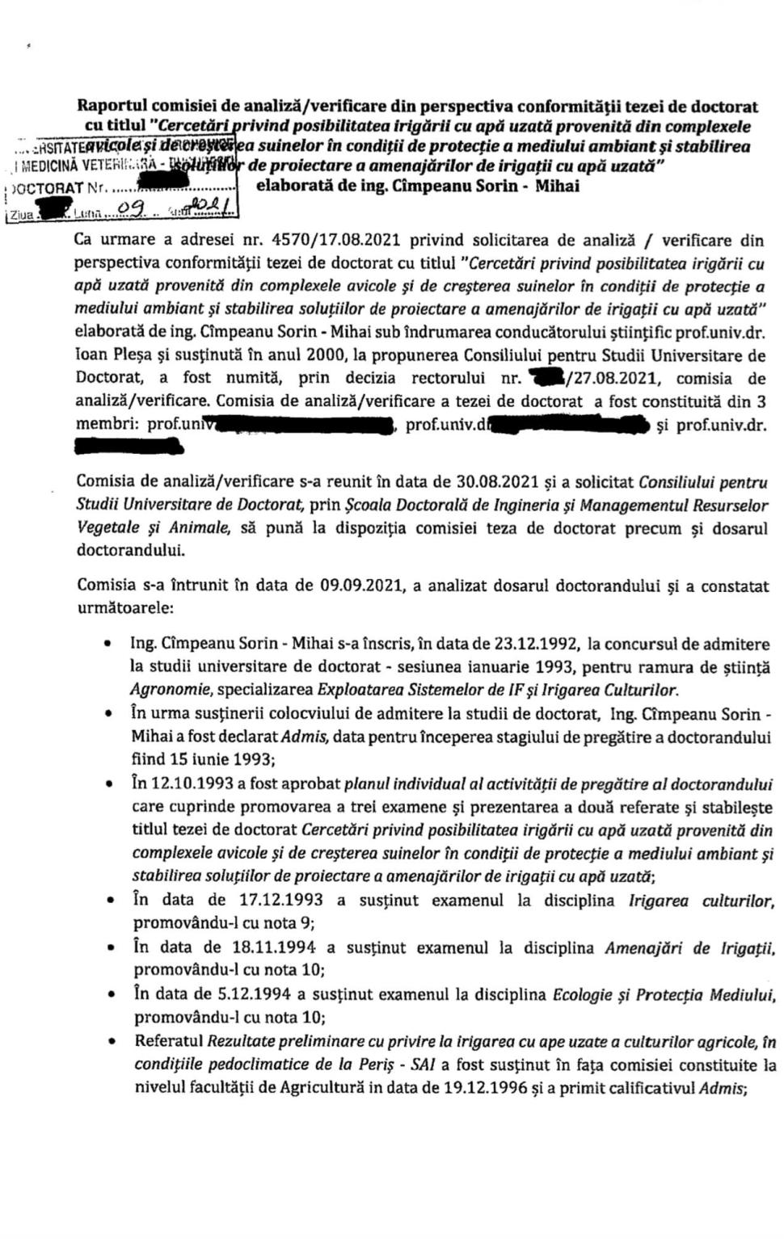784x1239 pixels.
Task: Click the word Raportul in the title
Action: click(112, 106)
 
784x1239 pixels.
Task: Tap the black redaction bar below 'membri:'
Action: click(126, 445)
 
